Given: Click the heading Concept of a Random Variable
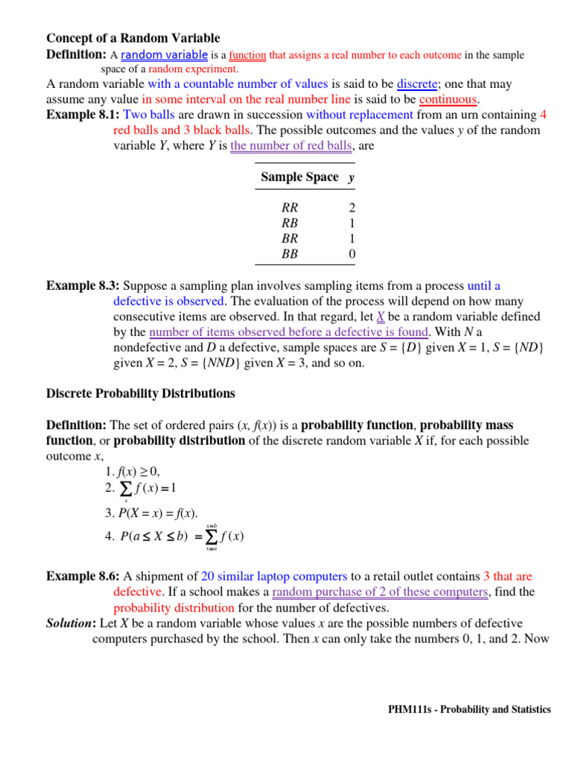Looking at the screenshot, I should point(133,38).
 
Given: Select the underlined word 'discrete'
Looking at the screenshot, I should point(416,84).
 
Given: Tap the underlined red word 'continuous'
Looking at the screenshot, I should point(448,99).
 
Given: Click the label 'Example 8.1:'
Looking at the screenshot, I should point(83,115).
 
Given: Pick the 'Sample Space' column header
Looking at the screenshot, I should point(299,177).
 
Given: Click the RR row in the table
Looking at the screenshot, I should point(289,209).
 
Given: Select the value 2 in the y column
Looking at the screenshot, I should point(352,209).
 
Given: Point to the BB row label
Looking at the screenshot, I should point(289,254).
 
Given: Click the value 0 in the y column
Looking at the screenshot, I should point(352,254).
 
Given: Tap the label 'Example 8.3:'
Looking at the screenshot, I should point(83,285).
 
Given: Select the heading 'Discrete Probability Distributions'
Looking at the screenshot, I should point(141,393).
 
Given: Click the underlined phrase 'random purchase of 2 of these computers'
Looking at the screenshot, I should point(380,592).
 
